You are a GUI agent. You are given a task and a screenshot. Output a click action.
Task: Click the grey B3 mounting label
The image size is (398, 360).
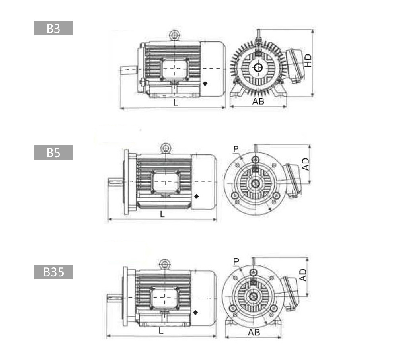coord(53,28)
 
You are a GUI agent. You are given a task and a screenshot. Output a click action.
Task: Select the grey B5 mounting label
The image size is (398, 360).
coord(53,152)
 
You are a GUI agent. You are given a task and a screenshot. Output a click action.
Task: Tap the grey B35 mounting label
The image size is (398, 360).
coord(53,272)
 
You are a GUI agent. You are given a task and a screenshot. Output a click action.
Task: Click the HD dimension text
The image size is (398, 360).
coord(308,60)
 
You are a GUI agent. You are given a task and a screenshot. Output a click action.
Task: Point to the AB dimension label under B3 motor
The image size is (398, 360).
coord(258,101)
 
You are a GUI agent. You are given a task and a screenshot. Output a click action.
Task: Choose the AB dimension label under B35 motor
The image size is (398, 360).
coord(254,332)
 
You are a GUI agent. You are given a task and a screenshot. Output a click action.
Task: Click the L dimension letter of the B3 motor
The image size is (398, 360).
coord(176,103)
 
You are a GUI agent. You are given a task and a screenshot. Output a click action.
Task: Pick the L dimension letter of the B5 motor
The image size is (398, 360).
coord(162,214)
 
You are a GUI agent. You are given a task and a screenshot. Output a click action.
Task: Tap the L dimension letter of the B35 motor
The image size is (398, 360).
coord(161,331)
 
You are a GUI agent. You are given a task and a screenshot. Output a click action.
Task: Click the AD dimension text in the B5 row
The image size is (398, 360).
coord(306,164)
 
